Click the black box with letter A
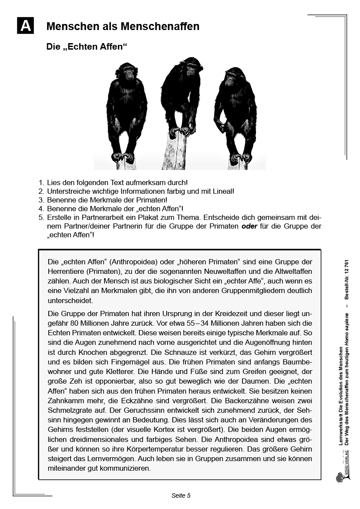(x=25, y=26)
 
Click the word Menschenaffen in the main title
(x=165, y=27)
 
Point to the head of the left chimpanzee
(x=128, y=71)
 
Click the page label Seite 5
(x=181, y=496)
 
